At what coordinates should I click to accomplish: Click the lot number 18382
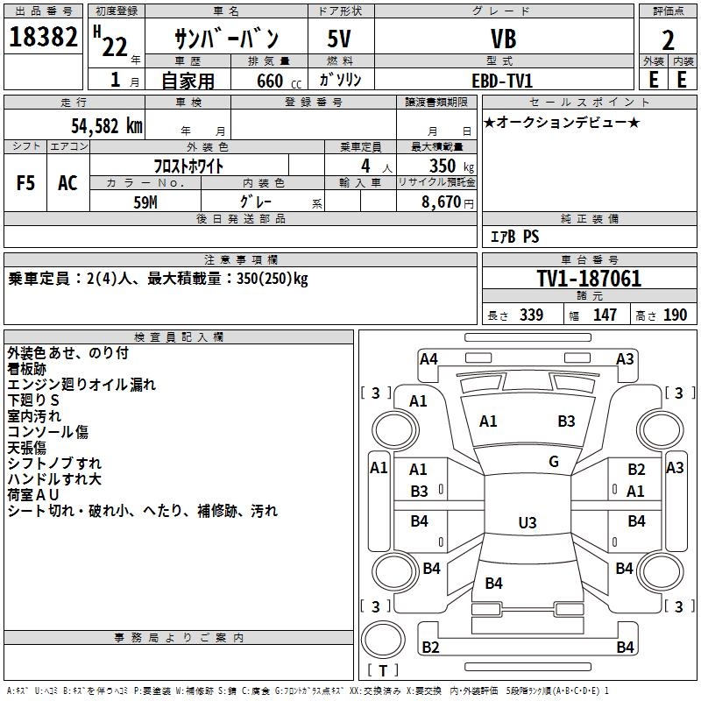click(x=43, y=39)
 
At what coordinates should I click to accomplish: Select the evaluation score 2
click(x=668, y=39)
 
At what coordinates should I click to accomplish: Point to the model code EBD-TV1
click(x=502, y=80)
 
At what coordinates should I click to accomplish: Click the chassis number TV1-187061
click(x=589, y=280)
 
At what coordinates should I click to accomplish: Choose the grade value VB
click(x=503, y=39)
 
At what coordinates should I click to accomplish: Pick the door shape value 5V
click(x=340, y=39)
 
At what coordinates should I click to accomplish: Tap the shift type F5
click(x=26, y=183)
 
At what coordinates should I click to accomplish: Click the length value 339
click(x=531, y=315)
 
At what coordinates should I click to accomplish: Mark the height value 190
click(x=675, y=315)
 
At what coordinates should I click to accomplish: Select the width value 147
click(x=605, y=315)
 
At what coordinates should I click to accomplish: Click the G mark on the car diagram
click(x=554, y=462)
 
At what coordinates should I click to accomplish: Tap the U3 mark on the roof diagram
click(x=527, y=523)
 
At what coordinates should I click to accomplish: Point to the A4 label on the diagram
click(x=428, y=358)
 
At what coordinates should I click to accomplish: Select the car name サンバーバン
click(x=226, y=39)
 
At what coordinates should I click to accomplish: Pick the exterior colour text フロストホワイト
click(x=189, y=166)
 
